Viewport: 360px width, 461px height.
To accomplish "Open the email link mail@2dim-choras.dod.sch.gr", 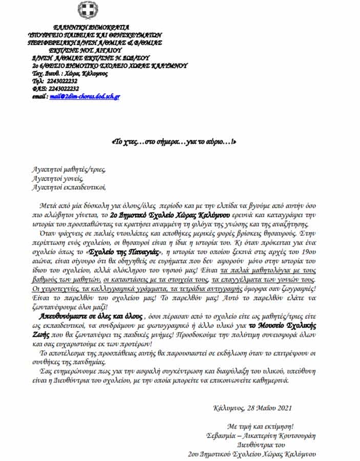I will (85, 96).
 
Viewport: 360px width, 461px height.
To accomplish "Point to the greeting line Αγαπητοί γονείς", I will (56, 179).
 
